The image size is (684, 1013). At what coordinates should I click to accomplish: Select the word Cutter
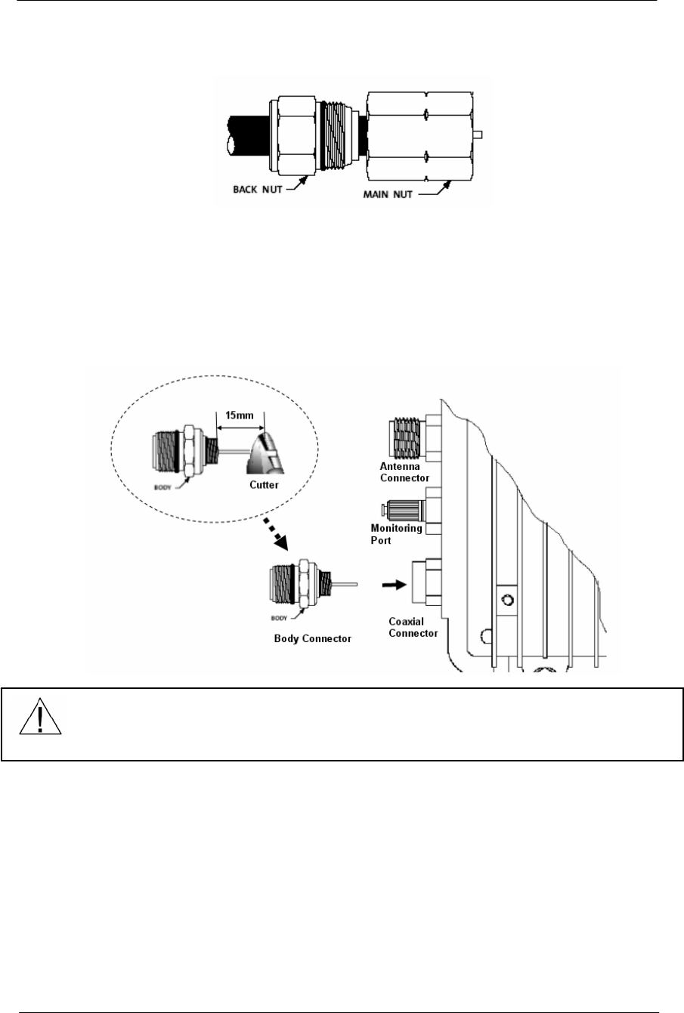pos(257,486)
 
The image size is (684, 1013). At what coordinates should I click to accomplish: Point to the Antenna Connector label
pos(404,472)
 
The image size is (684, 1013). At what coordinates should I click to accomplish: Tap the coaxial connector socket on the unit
pos(421,584)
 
